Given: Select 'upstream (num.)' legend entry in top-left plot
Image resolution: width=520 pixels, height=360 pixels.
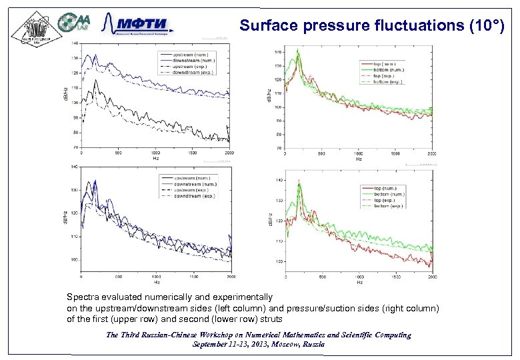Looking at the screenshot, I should [191, 53].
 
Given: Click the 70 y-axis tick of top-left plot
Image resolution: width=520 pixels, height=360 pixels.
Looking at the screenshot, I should [75, 147].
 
